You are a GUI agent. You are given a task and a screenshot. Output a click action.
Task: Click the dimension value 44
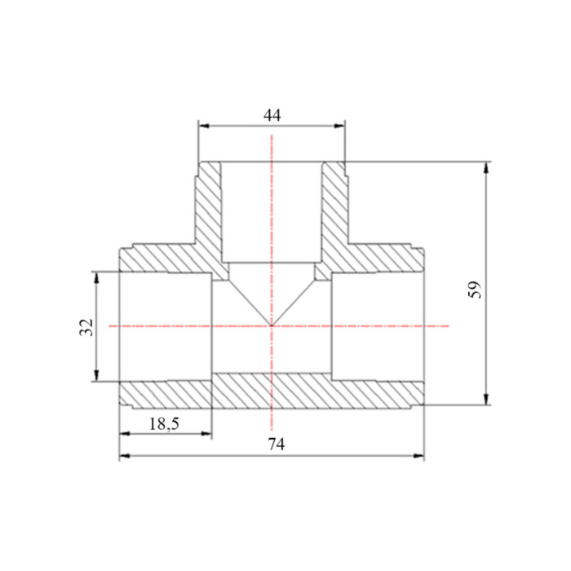(272, 116)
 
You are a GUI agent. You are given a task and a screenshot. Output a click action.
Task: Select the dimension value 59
(474, 290)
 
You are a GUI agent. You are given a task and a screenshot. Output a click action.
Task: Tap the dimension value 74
(277, 444)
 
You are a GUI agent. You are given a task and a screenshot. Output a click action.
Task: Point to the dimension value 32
(86, 327)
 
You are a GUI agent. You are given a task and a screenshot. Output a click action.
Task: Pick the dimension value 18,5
(164, 424)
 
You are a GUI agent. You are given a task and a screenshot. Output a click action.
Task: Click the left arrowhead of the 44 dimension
(204, 126)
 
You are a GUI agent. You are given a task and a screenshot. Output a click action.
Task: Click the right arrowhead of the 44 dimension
(339, 126)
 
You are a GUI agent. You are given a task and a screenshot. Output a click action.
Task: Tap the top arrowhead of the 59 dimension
(486, 167)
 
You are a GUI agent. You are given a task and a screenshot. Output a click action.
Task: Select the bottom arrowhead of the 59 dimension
(486, 399)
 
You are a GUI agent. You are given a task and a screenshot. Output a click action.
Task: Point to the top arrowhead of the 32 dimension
(96, 277)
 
